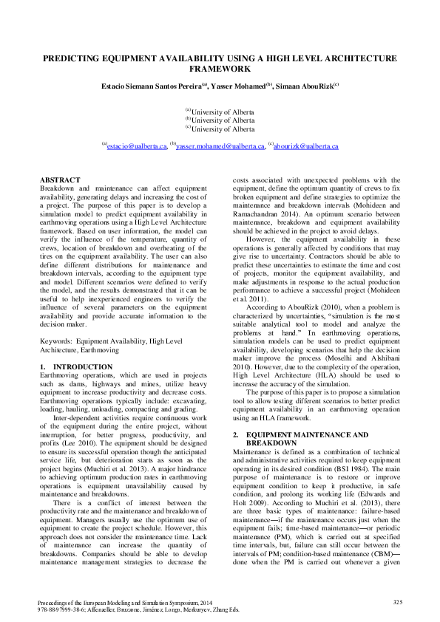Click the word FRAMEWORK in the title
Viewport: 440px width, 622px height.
[x=220, y=68]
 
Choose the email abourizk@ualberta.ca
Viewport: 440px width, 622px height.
[x=306, y=147]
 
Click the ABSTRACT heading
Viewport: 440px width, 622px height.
[x=60, y=180]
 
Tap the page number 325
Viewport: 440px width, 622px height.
[x=397, y=602]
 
